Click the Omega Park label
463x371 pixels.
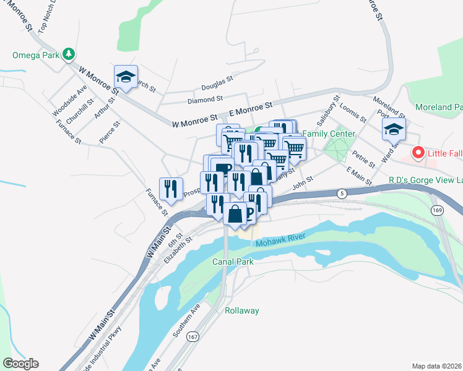[x=35, y=54]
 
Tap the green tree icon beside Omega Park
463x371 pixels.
[x=69, y=54]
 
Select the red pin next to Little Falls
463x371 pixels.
[x=418, y=151]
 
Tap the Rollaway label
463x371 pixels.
[x=241, y=310]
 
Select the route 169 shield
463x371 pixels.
[x=438, y=210]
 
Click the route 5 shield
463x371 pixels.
[x=342, y=194]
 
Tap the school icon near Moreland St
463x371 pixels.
[x=393, y=130]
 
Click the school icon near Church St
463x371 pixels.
[x=126, y=77]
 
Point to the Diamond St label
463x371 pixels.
[x=205, y=99]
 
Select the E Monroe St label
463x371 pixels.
[x=251, y=109]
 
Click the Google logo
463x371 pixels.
[x=20, y=364]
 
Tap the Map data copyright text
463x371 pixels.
[x=436, y=366]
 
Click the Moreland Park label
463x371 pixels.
[x=438, y=107]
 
